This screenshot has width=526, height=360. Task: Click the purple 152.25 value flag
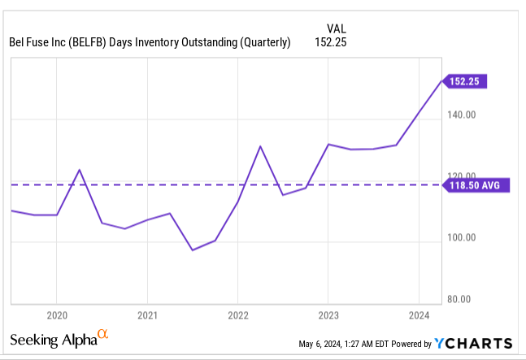466,81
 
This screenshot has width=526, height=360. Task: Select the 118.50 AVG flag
478,185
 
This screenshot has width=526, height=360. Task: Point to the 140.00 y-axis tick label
466,115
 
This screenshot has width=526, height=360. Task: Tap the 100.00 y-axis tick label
466,238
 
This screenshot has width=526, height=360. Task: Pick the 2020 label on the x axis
56,315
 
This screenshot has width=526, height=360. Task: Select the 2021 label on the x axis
147,315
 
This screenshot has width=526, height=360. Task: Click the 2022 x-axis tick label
237,315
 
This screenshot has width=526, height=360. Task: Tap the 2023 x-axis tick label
328,315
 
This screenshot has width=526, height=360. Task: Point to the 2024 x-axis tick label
418,315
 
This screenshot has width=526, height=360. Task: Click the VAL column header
337,26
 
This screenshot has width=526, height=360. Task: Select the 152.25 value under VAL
331,43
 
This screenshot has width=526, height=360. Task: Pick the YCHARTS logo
474,343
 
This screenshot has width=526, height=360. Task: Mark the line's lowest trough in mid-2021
193,249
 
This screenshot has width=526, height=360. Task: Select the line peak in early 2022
260,146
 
